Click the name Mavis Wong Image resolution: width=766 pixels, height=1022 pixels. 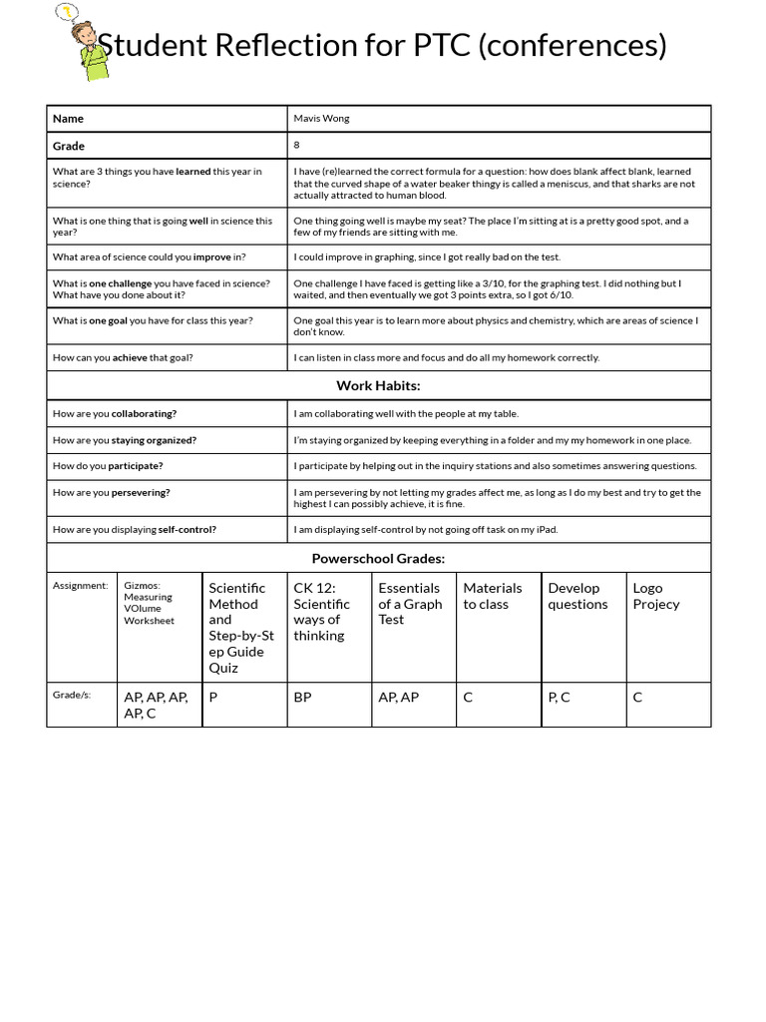321,119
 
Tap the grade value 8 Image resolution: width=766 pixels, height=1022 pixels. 296,146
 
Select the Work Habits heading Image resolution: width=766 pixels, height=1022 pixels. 378,385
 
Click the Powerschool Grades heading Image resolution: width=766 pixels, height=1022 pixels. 378,559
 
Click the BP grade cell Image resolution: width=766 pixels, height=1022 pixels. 302,698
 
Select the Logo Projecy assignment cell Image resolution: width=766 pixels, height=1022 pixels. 655,596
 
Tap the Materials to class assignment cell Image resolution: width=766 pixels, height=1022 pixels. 492,596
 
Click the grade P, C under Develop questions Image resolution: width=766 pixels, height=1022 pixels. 559,698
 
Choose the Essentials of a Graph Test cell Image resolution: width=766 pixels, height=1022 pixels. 409,604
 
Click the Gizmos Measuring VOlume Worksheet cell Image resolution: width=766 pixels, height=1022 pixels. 149,603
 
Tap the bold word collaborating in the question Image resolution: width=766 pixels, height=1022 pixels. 144,413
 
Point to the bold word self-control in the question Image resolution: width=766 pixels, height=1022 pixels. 187,530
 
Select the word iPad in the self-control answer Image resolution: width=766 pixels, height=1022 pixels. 545,530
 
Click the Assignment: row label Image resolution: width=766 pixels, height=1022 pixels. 80,586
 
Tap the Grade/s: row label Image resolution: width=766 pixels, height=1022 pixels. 72,695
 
